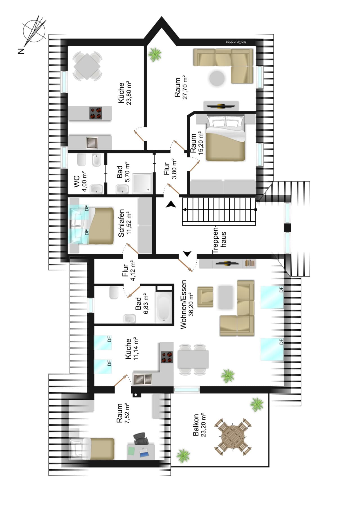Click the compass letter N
point(21,51)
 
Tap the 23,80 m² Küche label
point(125,93)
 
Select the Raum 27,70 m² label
point(181,87)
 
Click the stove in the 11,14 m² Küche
point(167,357)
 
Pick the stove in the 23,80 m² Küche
point(96,113)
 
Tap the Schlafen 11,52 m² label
point(125,223)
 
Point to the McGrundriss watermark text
point(236,42)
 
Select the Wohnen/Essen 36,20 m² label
point(187,304)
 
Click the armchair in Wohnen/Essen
point(205,297)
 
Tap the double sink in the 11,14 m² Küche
point(142,379)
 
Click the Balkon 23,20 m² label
point(199,425)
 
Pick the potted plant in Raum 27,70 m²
point(155,54)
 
